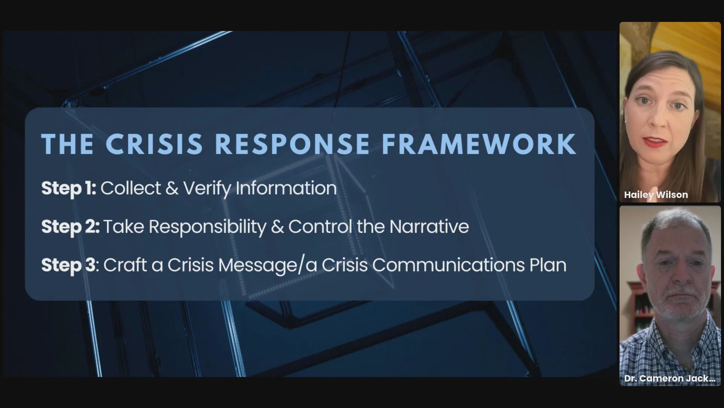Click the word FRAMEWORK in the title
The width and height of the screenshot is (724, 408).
(479, 144)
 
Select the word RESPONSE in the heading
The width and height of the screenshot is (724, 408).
(292, 144)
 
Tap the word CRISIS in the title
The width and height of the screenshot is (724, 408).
(154, 144)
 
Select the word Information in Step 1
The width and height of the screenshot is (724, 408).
(286, 188)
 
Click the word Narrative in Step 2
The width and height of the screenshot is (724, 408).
(429, 227)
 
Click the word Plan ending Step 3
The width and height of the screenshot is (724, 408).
(548, 265)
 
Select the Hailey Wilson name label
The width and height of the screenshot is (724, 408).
(656, 195)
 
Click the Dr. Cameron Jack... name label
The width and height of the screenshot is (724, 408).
(670, 379)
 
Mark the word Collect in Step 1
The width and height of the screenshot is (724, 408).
(131, 188)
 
